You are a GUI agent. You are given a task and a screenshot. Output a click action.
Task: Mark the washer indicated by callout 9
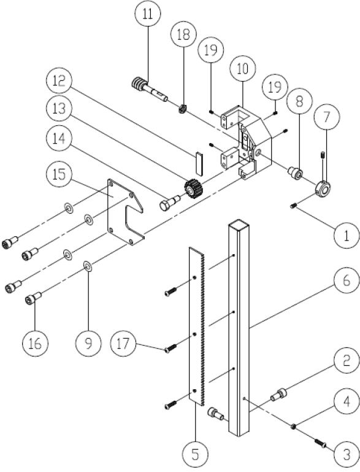(88, 265)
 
